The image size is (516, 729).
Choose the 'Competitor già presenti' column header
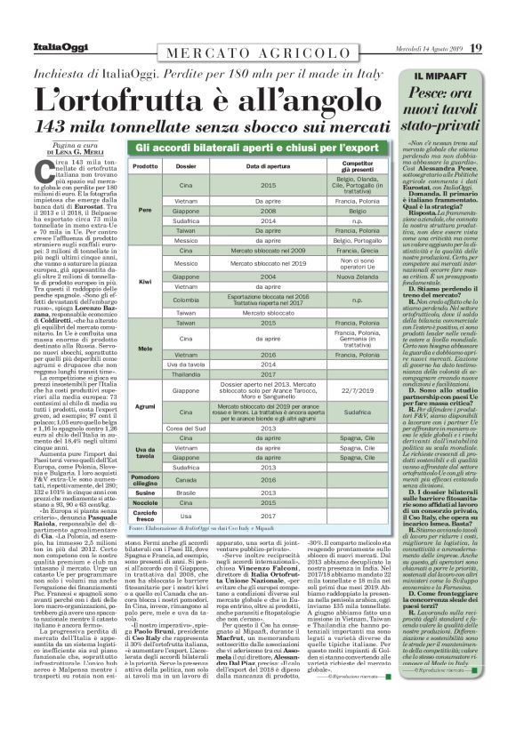point(357,166)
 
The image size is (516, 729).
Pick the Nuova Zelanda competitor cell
point(357,276)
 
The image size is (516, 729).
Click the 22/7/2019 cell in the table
point(357,390)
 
